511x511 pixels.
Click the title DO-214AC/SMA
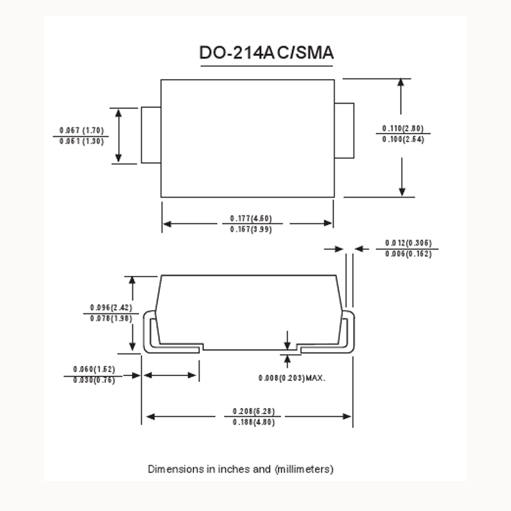266,53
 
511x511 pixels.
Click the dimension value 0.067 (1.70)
81,129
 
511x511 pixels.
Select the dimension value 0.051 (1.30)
81,141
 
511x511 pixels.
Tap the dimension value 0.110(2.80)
403,128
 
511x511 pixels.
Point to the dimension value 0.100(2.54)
403,139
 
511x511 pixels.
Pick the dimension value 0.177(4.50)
251,218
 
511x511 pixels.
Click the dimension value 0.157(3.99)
251,229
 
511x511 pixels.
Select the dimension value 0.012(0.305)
408,243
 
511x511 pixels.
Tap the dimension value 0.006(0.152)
408,254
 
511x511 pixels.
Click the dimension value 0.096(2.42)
111,307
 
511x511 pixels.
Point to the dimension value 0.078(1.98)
111,318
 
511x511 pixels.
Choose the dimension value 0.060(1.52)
94,369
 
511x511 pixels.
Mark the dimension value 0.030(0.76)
94,380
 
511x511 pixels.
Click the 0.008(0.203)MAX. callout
292,377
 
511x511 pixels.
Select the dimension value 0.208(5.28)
253,412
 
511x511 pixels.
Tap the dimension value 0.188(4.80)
253,422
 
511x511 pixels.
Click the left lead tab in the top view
151,135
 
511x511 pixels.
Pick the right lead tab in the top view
345,129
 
